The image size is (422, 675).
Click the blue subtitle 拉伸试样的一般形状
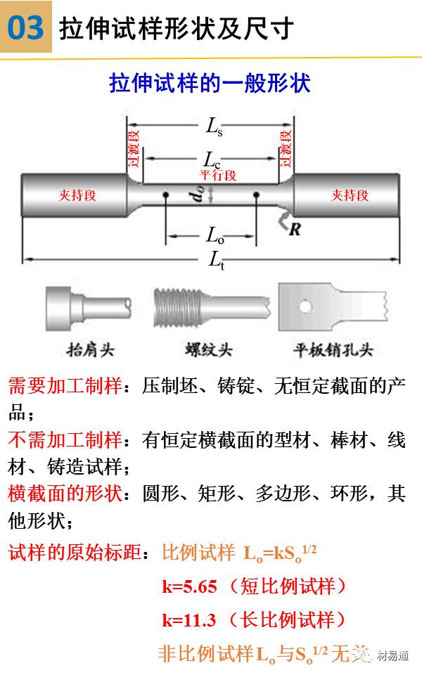tap(210, 84)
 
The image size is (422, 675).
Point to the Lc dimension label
tap(212, 158)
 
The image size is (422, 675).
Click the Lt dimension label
tap(216, 260)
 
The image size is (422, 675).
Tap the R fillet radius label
tap(295, 229)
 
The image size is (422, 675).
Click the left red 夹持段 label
tap(77, 195)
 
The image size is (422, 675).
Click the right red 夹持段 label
tap(350, 195)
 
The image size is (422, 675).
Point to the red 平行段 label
tap(217, 174)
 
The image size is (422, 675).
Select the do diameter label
tap(198, 195)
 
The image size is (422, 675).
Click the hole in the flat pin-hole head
tap(305, 306)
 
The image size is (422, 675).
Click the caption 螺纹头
tap(208, 349)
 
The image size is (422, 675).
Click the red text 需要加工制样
tap(65, 386)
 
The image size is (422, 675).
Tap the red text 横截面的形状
tap(65, 494)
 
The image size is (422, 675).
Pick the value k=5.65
tap(188, 586)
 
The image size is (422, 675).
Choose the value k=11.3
tap(188, 619)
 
